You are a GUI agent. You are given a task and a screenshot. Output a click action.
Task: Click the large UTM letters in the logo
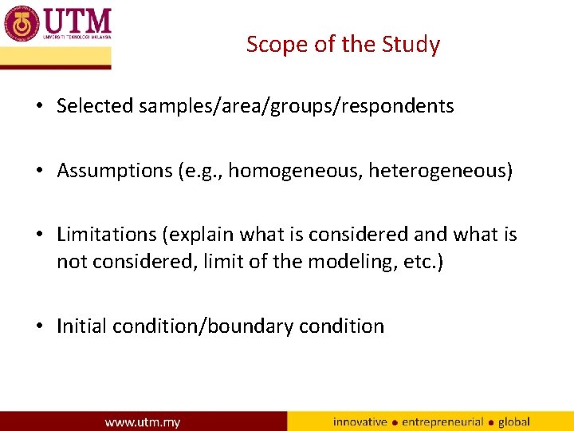point(77,20)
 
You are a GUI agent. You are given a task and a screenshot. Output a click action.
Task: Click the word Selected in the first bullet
point(95,106)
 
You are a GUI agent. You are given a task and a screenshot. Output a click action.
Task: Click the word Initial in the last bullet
point(82,326)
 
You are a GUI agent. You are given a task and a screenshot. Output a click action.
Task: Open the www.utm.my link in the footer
point(143,421)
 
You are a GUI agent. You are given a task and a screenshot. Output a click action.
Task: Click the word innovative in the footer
point(360,421)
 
